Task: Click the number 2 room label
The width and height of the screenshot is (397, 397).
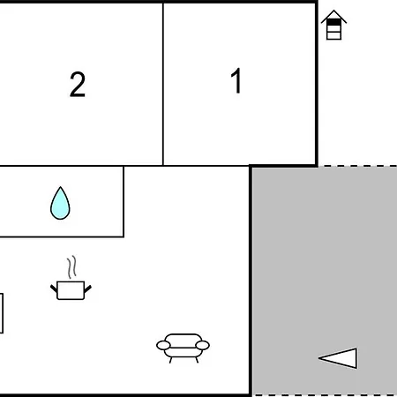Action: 78,85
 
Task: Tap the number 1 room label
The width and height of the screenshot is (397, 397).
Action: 236,80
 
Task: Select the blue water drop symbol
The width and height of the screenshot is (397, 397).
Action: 60,203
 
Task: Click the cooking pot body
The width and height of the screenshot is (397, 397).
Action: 71,290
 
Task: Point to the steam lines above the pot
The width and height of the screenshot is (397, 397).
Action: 71,267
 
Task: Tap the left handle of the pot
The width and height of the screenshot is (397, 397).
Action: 54,288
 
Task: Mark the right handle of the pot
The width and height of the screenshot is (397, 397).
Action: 88,288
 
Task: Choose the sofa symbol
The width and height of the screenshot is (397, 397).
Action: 183,348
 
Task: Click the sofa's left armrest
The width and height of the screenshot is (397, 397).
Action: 163,345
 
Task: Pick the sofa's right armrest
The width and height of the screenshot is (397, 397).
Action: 202,345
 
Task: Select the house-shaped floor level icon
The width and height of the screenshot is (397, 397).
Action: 333,25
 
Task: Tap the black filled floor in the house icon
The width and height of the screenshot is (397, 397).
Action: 333,22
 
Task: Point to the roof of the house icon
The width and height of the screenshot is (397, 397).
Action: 333,17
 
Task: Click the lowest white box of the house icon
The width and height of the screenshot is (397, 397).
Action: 333,35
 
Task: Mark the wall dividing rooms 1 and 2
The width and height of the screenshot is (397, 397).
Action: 163,84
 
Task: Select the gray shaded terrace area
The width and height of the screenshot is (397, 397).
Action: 325,281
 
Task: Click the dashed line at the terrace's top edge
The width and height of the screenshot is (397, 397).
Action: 357,166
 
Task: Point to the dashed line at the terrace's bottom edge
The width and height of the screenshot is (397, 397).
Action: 325,395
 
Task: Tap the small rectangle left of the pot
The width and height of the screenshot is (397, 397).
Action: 1,313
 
